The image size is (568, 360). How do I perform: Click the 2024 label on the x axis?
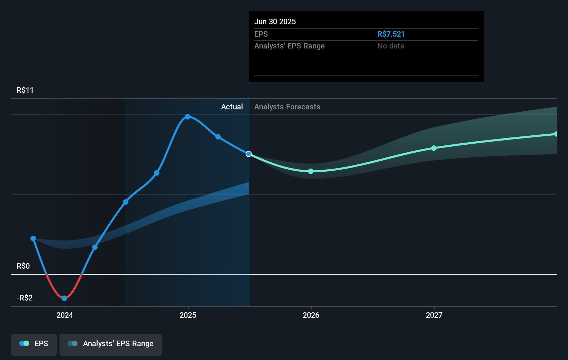coord(65,315)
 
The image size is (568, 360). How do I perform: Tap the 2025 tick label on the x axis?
coord(188,315)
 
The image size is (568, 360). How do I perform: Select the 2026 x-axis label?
coord(311,315)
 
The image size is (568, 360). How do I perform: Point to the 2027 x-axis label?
coord(434,315)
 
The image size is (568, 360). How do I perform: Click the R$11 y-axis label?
coord(25,90)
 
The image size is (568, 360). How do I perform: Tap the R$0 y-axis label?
coord(23,266)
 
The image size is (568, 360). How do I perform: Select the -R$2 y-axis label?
coord(25,298)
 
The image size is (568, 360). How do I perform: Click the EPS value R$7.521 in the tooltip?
coord(391,34)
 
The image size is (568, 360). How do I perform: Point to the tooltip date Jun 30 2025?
coord(275,21)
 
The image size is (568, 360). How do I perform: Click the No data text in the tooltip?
coord(391,46)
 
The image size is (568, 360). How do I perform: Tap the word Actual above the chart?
coord(232,107)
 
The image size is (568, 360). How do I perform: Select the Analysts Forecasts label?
coord(287,107)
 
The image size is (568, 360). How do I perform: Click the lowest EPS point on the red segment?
coord(64,298)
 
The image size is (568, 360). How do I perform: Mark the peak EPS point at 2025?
coord(187,117)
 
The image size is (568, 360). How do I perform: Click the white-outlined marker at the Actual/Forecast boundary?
coord(249,154)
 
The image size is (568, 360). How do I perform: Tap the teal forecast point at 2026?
coord(311,171)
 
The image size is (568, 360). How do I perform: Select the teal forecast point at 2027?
coord(434,148)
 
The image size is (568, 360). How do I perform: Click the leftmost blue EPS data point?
coord(33,238)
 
